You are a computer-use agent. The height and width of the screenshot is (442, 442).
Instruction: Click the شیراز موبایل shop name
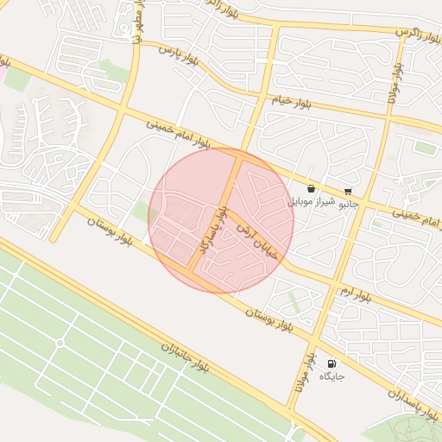click(308, 201)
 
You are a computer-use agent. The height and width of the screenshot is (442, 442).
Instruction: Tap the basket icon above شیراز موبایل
click(311, 188)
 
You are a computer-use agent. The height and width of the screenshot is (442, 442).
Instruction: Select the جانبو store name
click(347, 205)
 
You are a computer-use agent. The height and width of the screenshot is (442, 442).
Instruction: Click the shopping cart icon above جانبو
click(348, 192)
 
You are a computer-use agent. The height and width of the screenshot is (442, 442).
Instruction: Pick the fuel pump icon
click(332, 363)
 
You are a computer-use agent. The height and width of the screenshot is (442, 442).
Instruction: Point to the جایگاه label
click(332, 377)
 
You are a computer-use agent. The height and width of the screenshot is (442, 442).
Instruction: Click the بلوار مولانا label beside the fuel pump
click(306, 374)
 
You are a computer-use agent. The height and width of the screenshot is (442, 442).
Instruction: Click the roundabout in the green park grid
click(60, 343)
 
